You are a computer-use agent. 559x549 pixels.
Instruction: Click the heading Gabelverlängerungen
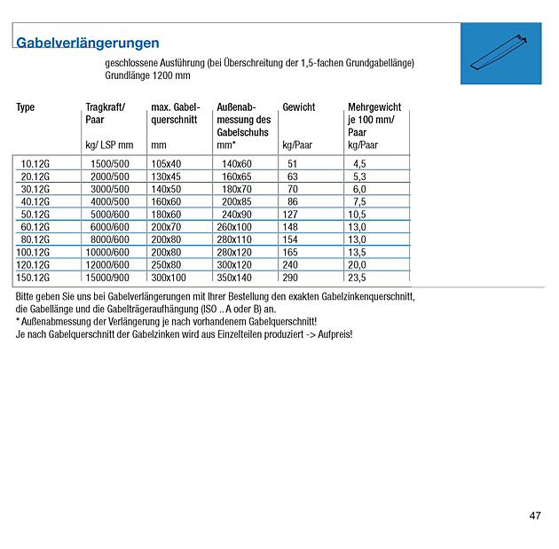(88, 43)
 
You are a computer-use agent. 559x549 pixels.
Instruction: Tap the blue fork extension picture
(501, 53)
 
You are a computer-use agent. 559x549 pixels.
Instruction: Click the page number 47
(535, 515)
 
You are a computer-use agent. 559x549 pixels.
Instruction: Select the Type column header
(26, 107)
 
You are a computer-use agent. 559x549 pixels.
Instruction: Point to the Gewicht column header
(298, 107)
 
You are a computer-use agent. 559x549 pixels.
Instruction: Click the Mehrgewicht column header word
(374, 107)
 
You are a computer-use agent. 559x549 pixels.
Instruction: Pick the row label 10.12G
(35, 164)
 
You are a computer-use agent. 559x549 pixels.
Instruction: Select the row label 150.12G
(33, 278)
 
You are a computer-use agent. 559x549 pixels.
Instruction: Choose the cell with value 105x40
(166, 164)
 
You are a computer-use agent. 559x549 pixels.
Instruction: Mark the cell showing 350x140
(234, 278)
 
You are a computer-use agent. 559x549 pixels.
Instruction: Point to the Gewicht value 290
(291, 278)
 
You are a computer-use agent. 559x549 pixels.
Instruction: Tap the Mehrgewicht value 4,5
(359, 164)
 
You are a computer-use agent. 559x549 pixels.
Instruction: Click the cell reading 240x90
(237, 215)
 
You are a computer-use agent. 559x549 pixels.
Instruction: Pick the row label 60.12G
(35, 227)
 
